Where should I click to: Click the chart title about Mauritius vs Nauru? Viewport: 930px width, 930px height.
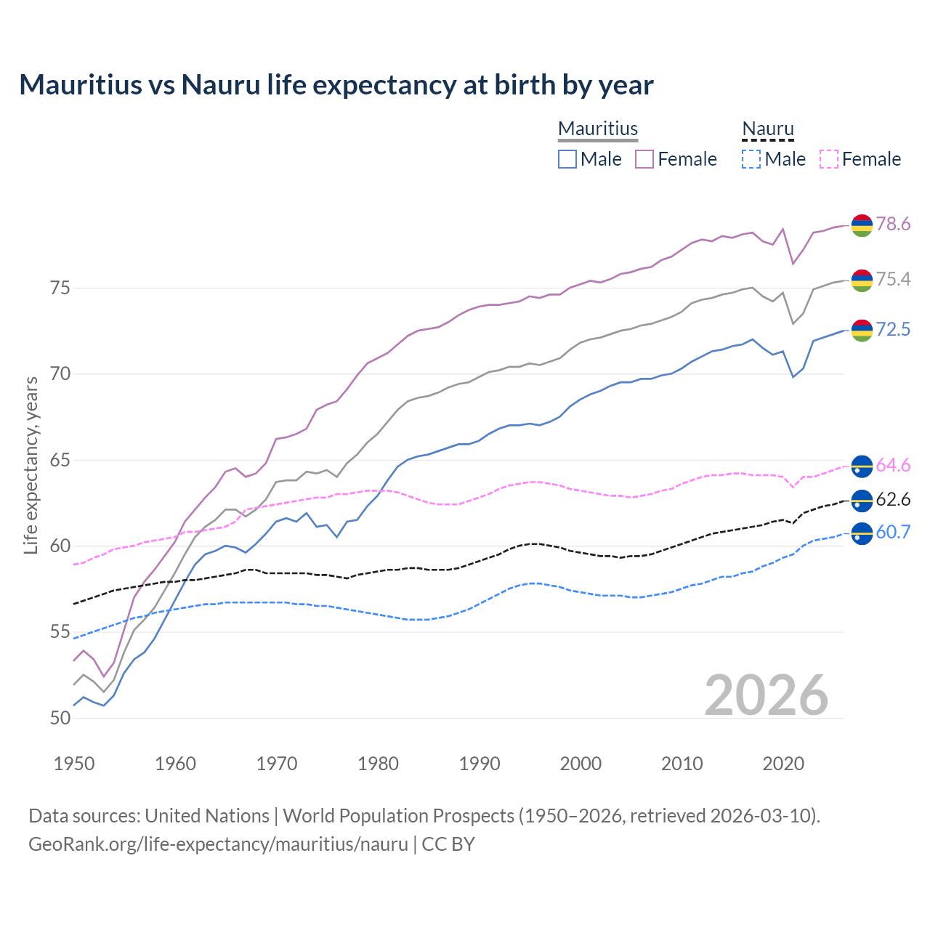coord(336,85)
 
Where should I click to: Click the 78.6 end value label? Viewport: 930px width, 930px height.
coord(893,224)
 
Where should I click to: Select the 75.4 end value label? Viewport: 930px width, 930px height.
coord(893,280)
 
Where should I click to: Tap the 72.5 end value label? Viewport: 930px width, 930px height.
coord(893,329)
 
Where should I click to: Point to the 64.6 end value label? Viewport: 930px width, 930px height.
coord(893,465)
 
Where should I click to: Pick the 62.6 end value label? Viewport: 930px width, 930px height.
coord(893,499)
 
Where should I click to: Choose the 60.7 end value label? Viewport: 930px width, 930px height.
coord(893,532)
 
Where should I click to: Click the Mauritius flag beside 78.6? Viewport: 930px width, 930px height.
coord(862,225)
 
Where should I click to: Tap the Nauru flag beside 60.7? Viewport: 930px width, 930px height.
coord(862,533)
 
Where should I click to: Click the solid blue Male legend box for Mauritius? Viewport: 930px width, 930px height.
coord(567,159)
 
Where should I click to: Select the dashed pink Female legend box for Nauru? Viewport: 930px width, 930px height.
coord(829,159)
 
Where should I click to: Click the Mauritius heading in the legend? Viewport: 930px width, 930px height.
coord(598,129)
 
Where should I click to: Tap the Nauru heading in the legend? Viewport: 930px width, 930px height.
coord(768,129)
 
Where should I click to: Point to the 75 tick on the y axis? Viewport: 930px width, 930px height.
coord(60,288)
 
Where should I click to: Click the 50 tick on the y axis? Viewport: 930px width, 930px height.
coord(60,719)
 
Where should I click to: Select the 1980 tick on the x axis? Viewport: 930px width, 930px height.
coord(378,764)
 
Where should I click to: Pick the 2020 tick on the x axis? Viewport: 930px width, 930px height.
coord(783,764)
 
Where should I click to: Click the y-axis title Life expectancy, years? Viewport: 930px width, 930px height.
coord(31,465)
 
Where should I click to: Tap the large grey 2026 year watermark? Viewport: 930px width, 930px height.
coord(767,695)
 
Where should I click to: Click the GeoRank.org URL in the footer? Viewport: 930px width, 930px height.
coord(218,844)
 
